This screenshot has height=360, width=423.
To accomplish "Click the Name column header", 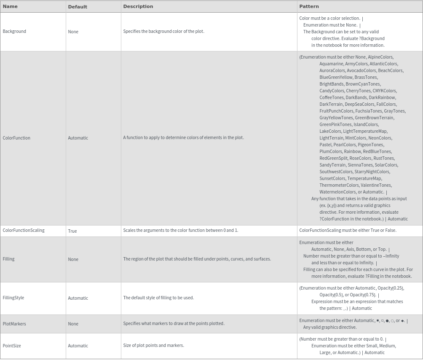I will (10, 6).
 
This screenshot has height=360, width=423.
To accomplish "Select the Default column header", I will (78, 7).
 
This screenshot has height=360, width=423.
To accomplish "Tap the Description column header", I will (138, 6).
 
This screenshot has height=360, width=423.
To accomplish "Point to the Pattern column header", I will (309, 6).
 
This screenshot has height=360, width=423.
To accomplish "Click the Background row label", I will (14, 31).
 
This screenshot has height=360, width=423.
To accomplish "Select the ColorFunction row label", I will (16, 138).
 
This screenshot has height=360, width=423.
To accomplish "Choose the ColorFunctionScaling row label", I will (24, 230).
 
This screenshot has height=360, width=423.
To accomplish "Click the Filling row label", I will (8, 259).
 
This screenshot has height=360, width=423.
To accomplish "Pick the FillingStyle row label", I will (13, 298).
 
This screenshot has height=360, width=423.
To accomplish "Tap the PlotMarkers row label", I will (14, 324).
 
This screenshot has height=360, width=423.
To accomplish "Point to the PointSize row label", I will (12, 346).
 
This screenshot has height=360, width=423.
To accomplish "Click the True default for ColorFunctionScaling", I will (72, 231).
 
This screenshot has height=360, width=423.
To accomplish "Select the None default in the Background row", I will (73, 32).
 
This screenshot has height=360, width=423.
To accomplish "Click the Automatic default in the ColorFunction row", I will (78, 138).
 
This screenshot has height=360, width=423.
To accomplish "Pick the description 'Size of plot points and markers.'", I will (153, 345).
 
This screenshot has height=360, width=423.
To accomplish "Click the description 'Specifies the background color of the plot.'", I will (163, 31).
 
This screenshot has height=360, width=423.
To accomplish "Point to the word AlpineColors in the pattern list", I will (380, 57).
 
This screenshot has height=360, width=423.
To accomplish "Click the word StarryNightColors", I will (372, 172).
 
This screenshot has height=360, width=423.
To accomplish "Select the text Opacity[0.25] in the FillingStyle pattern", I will (391, 288).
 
